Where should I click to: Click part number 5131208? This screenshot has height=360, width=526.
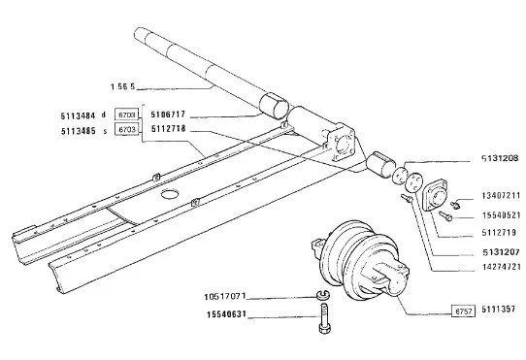click(x=500, y=158)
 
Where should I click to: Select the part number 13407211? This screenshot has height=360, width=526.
click(x=501, y=195)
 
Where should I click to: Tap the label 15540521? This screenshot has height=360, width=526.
click(x=501, y=215)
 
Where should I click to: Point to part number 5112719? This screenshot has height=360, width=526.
click(x=499, y=233)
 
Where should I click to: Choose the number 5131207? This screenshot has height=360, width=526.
click(x=501, y=251)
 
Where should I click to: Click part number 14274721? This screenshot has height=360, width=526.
click(x=502, y=267)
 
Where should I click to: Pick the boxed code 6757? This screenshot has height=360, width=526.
click(x=463, y=311)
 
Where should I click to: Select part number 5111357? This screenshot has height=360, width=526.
click(x=498, y=309)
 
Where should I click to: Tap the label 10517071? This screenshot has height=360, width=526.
click(x=225, y=297)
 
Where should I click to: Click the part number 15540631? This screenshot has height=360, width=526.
click(x=226, y=314)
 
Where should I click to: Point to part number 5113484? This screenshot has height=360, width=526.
click(x=78, y=116)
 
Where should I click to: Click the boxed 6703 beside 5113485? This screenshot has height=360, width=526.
click(x=127, y=129)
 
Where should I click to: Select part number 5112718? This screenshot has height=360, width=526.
click(x=168, y=129)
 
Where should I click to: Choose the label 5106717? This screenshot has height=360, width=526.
click(x=168, y=115)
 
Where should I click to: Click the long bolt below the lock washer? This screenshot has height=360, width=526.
click(x=324, y=318)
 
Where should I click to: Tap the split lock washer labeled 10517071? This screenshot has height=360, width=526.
click(x=323, y=295)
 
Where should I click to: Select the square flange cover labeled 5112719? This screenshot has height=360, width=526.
click(x=435, y=195)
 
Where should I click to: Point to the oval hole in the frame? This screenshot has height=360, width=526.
click(x=170, y=194)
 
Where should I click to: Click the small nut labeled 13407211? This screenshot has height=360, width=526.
click(x=455, y=204)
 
